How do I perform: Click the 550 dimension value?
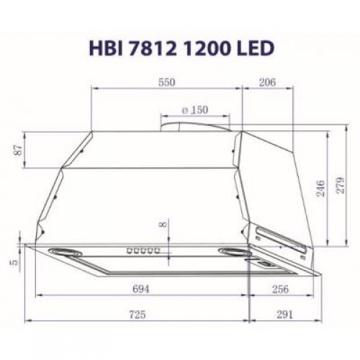166,83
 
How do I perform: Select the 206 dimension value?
267,83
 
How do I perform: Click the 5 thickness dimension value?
14,264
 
